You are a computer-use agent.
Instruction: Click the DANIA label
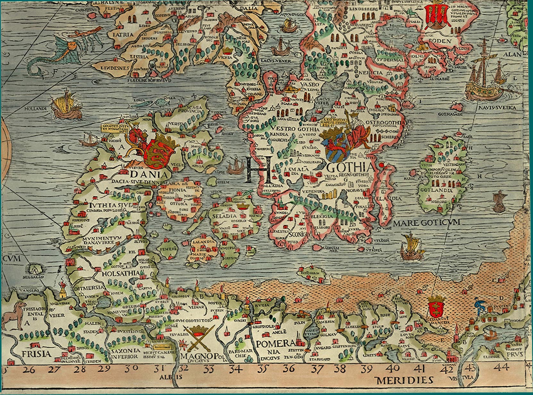(x=149, y=175)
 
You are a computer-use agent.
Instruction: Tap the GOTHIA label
(x=351, y=167)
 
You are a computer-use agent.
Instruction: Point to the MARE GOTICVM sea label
(x=427, y=222)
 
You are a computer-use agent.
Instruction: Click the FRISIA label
(x=37, y=354)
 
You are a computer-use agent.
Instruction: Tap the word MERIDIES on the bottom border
(x=404, y=380)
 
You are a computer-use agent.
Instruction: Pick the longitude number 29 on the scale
(x=104, y=368)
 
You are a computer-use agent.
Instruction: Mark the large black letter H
(x=258, y=170)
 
